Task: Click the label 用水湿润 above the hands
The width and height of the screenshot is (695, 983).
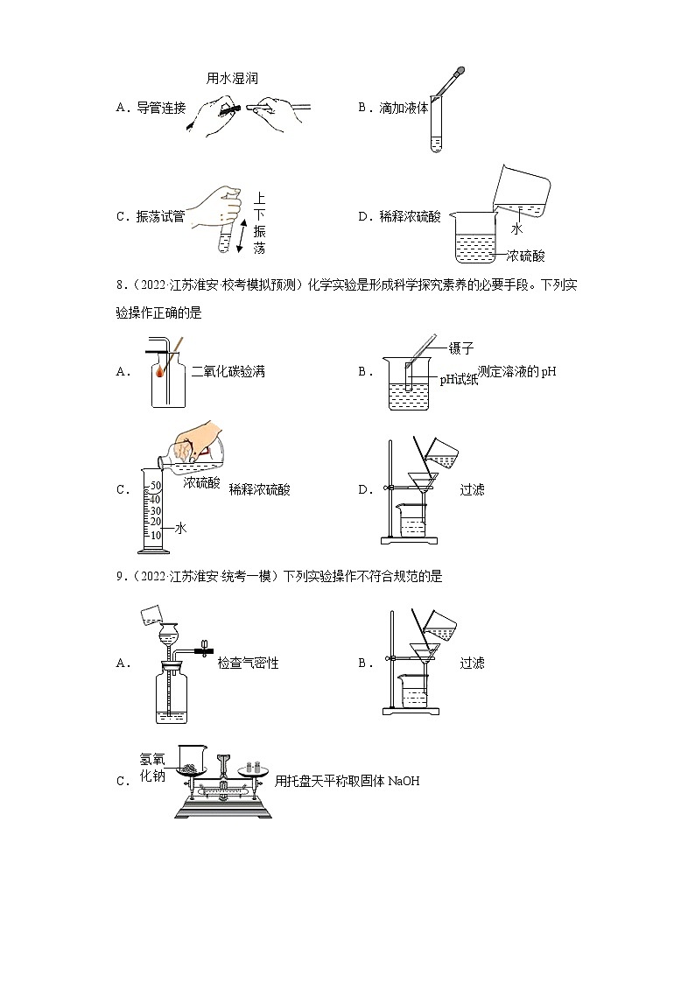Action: tap(232, 79)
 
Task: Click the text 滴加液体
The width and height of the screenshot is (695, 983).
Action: tap(404, 108)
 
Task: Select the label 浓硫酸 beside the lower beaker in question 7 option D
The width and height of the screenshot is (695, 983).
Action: tap(525, 256)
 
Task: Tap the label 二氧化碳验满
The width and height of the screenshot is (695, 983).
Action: tap(228, 372)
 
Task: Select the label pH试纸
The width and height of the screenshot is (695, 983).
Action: tap(459, 378)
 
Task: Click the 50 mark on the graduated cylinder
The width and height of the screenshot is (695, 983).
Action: tap(156, 486)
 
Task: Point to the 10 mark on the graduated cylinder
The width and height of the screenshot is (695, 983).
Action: tap(156, 535)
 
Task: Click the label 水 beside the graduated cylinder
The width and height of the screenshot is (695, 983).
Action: tap(181, 528)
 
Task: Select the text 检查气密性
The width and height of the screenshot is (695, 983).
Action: tap(248, 663)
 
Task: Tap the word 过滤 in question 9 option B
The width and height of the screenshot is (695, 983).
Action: tap(472, 663)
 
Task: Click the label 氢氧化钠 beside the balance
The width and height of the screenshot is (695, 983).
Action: tap(151, 768)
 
